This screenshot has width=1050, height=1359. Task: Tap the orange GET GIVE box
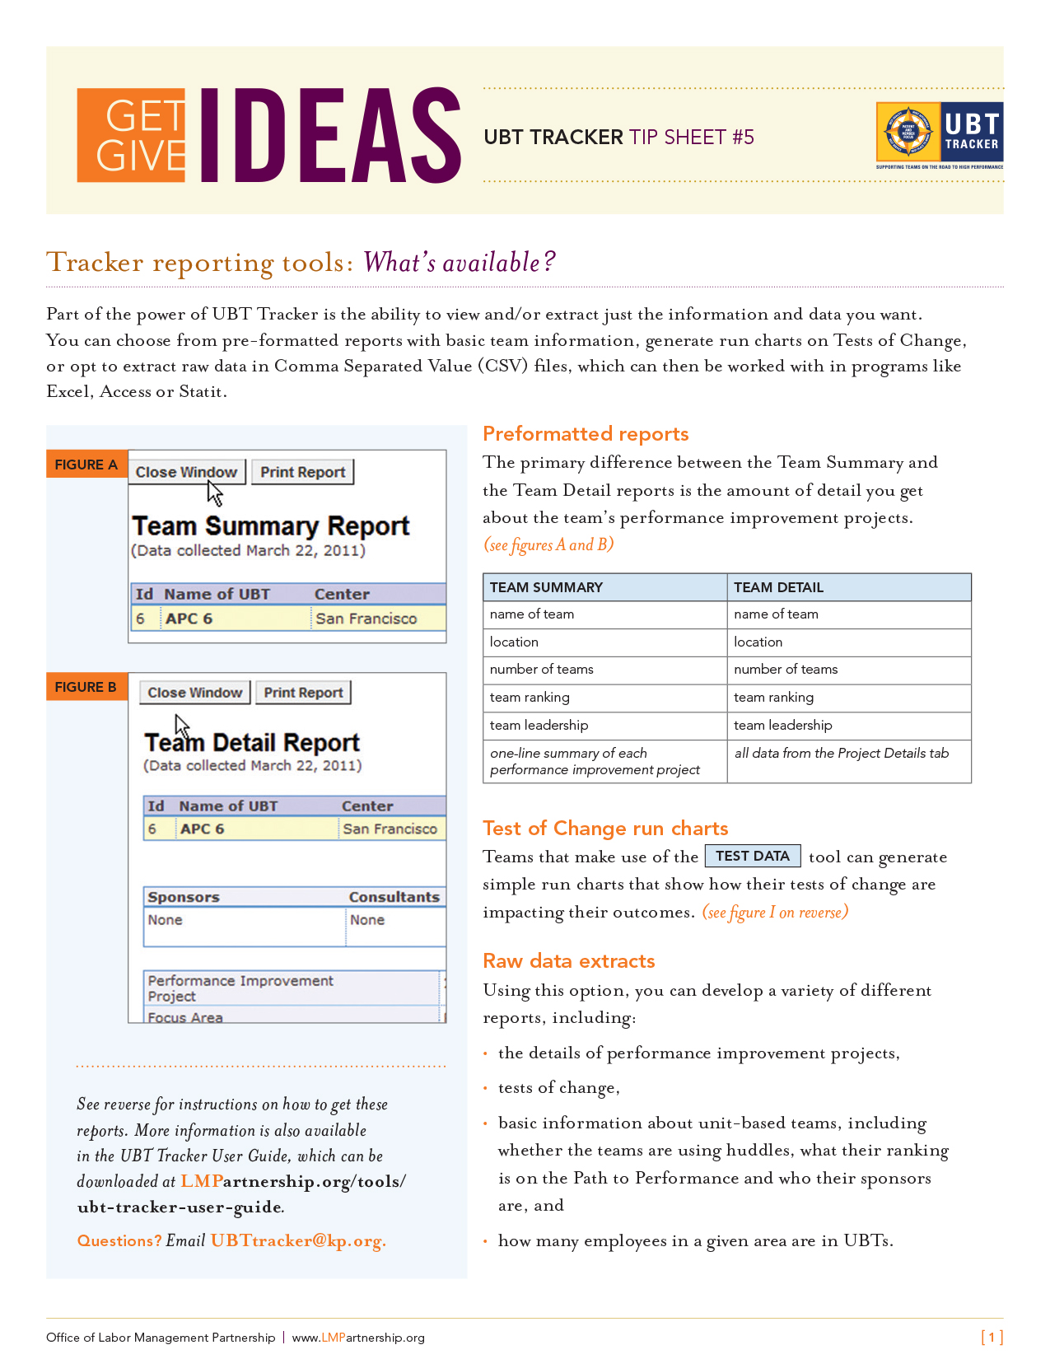coord(132,135)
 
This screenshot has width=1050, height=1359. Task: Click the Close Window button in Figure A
coord(187,472)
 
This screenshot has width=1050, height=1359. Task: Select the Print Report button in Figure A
coord(302,472)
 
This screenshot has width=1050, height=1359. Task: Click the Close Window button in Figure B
coord(195,693)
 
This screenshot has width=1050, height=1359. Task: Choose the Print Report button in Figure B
coord(303,693)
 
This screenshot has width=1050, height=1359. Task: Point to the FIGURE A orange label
coord(86,465)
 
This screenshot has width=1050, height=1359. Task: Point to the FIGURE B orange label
coord(86,687)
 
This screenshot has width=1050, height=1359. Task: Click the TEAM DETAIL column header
coord(778,587)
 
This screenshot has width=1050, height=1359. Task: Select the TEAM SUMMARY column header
coord(546,587)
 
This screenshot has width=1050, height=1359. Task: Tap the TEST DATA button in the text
coord(753,857)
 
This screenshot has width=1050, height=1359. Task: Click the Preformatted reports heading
coord(586,434)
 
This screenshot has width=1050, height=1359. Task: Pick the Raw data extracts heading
coord(569,961)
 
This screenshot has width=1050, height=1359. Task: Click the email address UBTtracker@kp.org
coord(298,1240)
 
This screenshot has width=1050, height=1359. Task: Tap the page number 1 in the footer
coord(992,1337)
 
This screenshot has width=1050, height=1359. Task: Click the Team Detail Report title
coord(252,743)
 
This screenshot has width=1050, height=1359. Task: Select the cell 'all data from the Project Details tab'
coord(841,753)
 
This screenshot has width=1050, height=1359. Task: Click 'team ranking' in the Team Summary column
coord(530,698)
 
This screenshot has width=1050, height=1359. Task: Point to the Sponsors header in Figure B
coord(184,897)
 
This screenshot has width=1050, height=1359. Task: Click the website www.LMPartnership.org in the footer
coord(358,1338)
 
